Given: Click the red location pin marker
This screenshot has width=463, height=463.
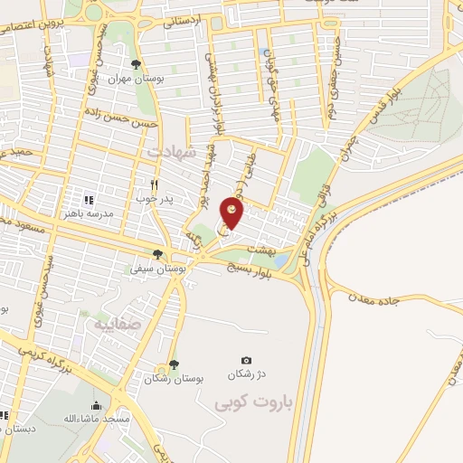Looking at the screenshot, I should (x=233, y=215).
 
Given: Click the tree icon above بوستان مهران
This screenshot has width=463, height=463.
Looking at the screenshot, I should (x=135, y=64).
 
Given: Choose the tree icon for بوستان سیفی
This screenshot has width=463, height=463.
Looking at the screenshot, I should (x=158, y=254).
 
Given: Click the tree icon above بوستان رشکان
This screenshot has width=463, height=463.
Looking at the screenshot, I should (x=174, y=364).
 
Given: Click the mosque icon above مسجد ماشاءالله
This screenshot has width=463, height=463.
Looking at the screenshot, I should (x=95, y=406).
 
